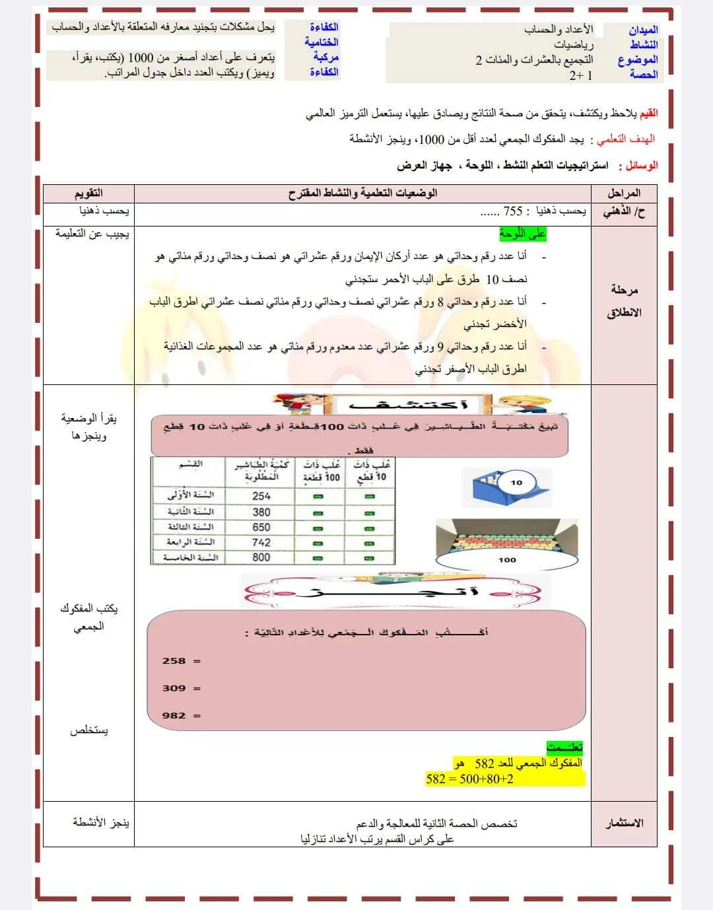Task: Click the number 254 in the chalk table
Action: click(261, 496)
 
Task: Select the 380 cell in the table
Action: click(261, 512)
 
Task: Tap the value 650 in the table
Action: click(261, 527)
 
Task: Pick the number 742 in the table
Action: click(261, 542)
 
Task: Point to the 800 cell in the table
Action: click(261, 557)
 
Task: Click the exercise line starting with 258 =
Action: click(181, 661)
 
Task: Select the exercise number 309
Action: click(174, 688)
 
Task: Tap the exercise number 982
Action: click(174, 716)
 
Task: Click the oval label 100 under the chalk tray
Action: click(507, 560)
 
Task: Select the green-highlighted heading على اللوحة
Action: click(523, 233)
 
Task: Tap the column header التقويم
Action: click(88, 193)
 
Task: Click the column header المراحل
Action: click(624, 193)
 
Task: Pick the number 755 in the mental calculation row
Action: click(513, 211)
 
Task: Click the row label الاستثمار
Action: click(625, 823)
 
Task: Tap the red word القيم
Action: click(648, 113)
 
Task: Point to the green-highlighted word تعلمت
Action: click(564, 747)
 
